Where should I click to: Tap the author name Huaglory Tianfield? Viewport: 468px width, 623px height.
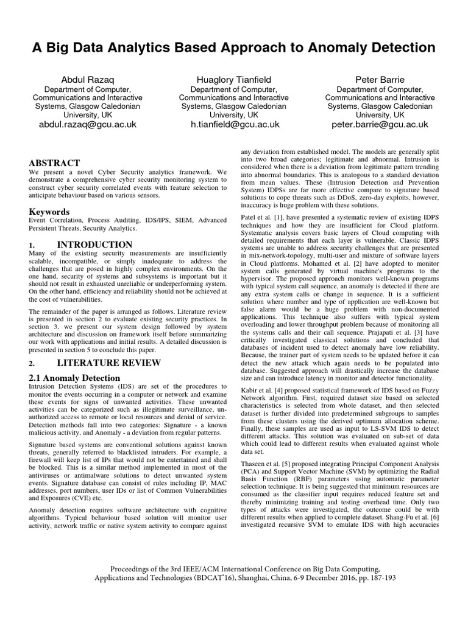(x=234, y=80)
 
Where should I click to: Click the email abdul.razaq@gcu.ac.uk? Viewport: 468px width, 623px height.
(x=88, y=124)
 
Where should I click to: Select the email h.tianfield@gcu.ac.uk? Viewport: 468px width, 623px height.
(x=234, y=124)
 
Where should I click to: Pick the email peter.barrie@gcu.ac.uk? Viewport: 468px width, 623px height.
(x=380, y=124)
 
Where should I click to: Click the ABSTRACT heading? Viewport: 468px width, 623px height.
(x=55, y=163)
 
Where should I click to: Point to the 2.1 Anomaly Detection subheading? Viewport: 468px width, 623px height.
(x=75, y=378)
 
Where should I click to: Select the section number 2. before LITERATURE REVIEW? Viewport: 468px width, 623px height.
(x=34, y=363)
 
